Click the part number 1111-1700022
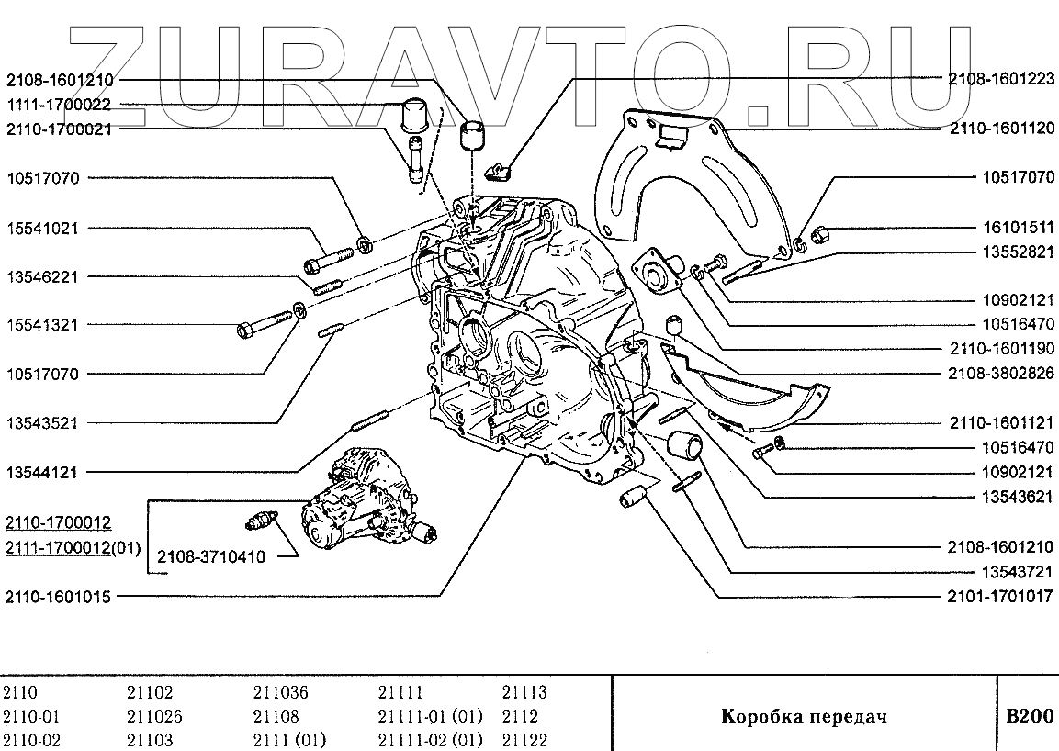click(x=59, y=105)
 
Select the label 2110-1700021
click(x=59, y=129)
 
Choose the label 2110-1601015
click(x=59, y=597)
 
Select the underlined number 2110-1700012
click(x=59, y=523)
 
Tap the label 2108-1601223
click(x=1001, y=80)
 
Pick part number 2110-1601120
click(x=1001, y=129)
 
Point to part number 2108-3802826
click(x=1001, y=374)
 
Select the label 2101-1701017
click(x=1001, y=597)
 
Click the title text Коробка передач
click(x=804, y=715)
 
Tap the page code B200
click(x=1030, y=715)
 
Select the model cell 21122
click(x=524, y=740)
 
